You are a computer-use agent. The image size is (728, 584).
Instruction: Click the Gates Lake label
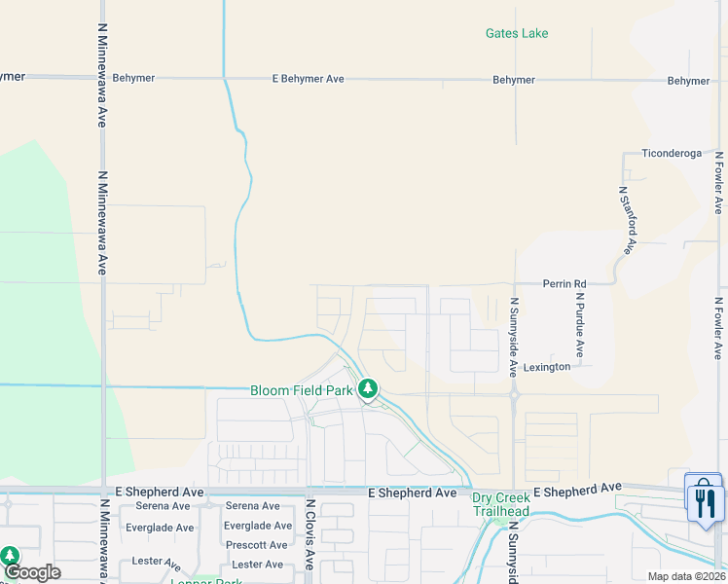tap(517, 33)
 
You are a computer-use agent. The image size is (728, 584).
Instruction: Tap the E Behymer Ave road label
tap(309, 79)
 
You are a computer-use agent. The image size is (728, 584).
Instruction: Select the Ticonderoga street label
tap(672, 154)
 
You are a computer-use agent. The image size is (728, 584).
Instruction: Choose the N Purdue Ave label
tap(579, 325)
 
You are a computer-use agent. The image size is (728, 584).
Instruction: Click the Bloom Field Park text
tap(301, 390)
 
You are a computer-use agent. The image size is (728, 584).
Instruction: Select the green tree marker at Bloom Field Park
tap(367, 390)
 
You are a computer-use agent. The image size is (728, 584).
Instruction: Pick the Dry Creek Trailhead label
tap(502, 504)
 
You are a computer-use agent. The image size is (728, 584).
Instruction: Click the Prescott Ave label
tap(255, 545)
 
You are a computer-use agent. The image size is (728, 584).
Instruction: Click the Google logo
tap(32, 572)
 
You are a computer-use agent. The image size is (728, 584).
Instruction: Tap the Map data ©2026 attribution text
tap(686, 576)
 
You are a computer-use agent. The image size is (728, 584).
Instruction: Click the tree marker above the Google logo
tap(10, 555)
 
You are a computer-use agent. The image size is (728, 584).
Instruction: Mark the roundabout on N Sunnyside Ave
tap(514, 394)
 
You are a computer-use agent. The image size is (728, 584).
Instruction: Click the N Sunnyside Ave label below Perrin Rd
tap(513, 337)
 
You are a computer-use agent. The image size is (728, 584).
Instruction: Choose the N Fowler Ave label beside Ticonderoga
tap(719, 181)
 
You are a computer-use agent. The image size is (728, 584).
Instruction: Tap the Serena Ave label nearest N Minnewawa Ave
tap(163, 506)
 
